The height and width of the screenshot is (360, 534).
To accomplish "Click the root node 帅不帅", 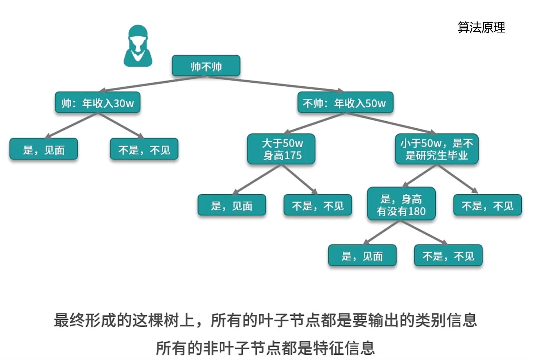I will pyautogui.click(x=206, y=66).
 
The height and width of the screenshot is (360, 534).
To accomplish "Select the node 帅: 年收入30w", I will pyautogui.click(x=98, y=103).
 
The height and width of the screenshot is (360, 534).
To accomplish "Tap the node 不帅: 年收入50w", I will pyautogui.click(x=345, y=103).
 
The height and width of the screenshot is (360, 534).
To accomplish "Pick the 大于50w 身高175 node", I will pyautogui.click(x=281, y=149).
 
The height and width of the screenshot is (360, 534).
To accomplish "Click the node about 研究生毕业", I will pyautogui.click(x=436, y=149).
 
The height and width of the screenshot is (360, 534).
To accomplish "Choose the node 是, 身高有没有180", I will pyautogui.click(x=401, y=205).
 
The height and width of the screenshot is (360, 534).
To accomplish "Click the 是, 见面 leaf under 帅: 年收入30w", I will pyautogui.click(x=44, y=149).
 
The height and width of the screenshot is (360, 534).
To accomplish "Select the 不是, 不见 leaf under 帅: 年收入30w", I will pyautogui.click(x=144, y=149).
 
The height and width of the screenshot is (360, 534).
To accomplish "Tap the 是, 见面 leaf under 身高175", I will pyautogui.click(x=232, y=206).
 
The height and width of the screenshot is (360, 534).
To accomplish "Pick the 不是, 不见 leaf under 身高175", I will pyautogui.click(x=318, y=206).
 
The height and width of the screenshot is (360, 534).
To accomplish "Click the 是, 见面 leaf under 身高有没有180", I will pyautogui.click(x=362, y=256).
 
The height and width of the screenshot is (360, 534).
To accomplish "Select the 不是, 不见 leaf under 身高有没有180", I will pyautogui.click(x=448, y=256).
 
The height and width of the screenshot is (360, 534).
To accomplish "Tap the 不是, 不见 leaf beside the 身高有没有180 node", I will pyautogui.click(x=487, y=206).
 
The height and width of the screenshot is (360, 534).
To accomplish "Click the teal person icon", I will pyautogui.click(x=138, y=46).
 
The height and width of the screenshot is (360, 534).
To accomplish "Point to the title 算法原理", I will pyautogui.click(x=481, y=27).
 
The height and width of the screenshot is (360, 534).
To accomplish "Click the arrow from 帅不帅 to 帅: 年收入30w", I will pyautogui.click(x=153, y=84).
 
